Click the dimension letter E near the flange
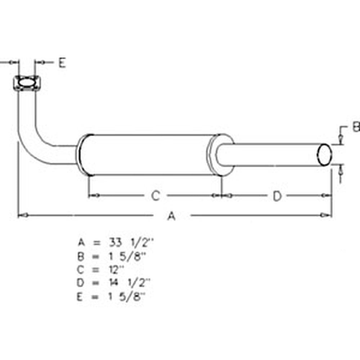coord(62,63)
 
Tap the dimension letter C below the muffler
coord(155,196)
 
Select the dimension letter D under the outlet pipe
coord(277,196)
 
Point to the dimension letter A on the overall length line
coord(172,216)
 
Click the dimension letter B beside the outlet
coord(356,127)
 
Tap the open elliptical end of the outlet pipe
coord(324,155)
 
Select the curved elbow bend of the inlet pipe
coord(34,144)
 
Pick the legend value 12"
coord(116,269)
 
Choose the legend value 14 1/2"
coord(130,283)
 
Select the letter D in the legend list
coord(81,283)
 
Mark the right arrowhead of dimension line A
coord(327,215)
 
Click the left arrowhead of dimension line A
coord(22,215)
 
